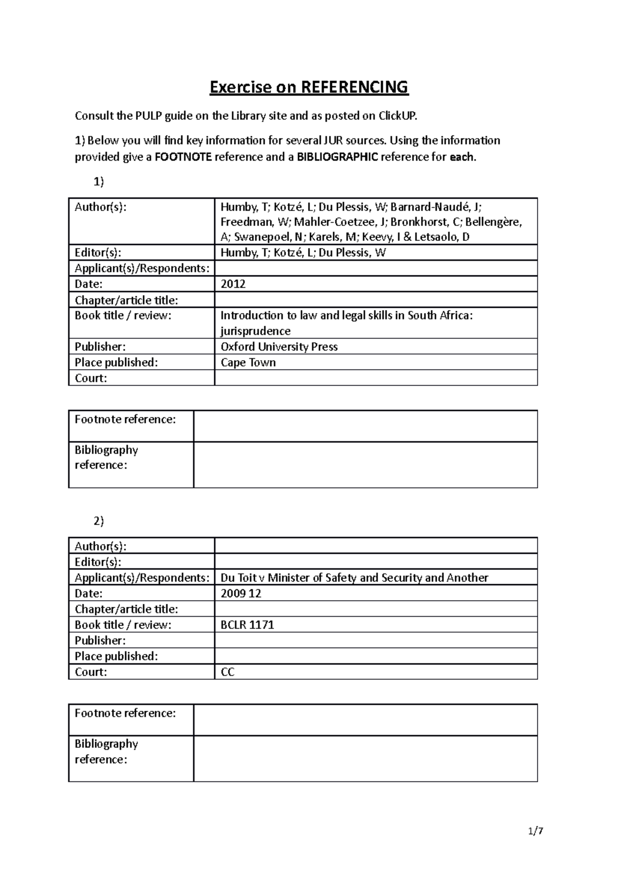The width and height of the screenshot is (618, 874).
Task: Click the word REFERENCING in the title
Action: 354,87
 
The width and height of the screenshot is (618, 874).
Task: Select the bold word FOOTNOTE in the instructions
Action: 183,157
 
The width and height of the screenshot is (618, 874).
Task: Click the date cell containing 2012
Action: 233,284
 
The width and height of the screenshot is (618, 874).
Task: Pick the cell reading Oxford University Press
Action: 279,346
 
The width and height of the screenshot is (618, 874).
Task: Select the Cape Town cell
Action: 248,362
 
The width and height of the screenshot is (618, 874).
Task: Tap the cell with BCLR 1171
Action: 247,625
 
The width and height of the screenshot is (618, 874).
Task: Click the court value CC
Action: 228,672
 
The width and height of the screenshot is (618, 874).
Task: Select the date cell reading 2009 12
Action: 241,593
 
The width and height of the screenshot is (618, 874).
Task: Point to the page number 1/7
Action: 536,831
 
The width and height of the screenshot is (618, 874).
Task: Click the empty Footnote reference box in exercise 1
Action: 365,426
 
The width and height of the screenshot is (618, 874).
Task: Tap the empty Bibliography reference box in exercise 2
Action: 365,759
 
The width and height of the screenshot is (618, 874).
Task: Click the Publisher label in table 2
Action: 100,641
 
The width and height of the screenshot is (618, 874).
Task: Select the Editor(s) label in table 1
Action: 98,253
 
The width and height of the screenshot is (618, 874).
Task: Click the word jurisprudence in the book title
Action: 255,331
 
